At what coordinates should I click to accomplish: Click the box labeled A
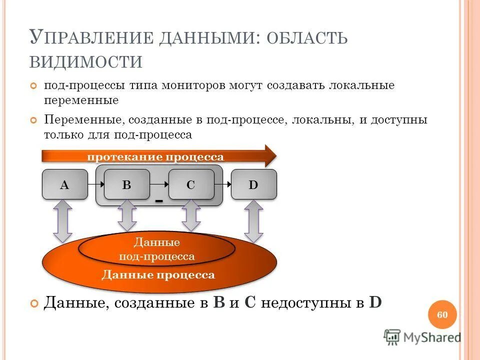[64, 184]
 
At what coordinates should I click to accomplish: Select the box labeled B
[126, 184]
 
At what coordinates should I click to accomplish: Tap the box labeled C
[190, 184]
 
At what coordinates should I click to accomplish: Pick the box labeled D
[253, 184]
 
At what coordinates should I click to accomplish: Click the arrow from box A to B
[95, 184]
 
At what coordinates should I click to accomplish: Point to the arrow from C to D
[222, 184]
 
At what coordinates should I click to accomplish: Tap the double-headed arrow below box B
[126, 215]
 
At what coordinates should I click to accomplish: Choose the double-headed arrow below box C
[190, 215]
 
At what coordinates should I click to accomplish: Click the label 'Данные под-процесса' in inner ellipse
[156, 249]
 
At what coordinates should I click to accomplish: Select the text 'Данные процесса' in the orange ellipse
[158, 275]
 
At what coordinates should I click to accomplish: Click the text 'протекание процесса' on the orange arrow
[155, 157]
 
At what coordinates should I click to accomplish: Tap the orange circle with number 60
[442, 315]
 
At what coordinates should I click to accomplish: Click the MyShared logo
[422, 337]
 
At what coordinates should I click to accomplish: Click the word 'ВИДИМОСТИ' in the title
[86, 61]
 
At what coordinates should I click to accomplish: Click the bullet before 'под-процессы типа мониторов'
[34, 86]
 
